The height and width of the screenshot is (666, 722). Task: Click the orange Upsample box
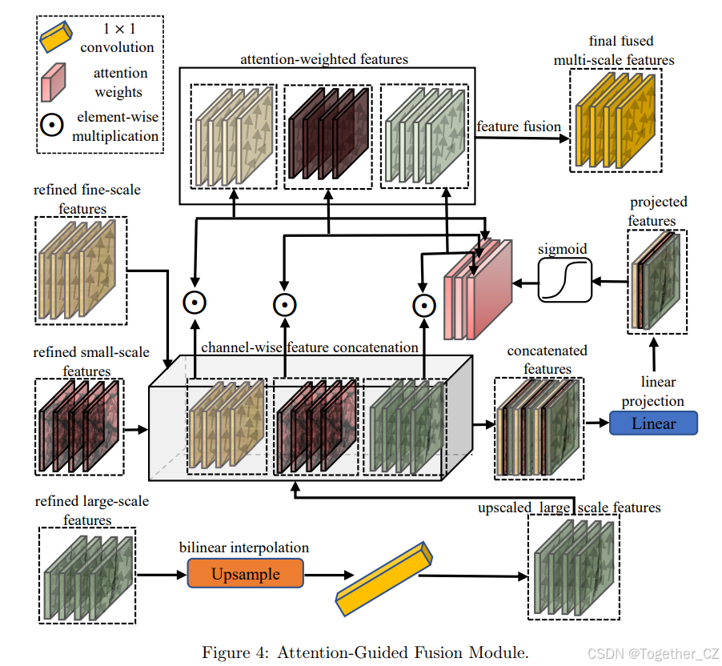(246, 574)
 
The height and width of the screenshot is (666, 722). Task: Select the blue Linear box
(653, 423)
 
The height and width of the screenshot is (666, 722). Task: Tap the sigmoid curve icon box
(564, 281)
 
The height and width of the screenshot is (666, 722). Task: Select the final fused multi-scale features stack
(616, 119)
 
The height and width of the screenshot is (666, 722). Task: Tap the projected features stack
(656, 282)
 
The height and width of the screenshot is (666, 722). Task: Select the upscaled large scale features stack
(573, 566)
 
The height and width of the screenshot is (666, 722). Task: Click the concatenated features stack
(535, 424)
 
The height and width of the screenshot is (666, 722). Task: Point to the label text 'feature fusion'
(518, 126)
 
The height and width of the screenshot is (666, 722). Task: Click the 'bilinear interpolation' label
(245, 548)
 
